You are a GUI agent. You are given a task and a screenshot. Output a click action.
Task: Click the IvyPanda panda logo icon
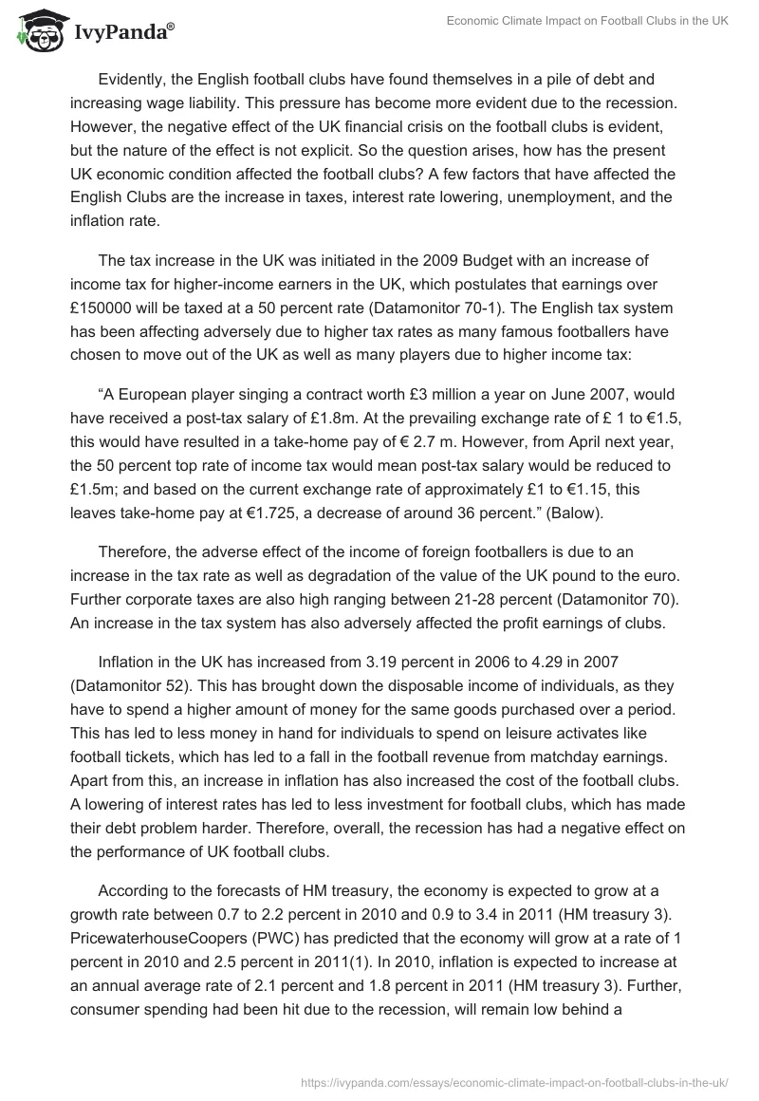pos(35,31)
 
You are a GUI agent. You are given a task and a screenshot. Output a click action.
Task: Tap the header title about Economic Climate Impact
pos(588,22)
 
